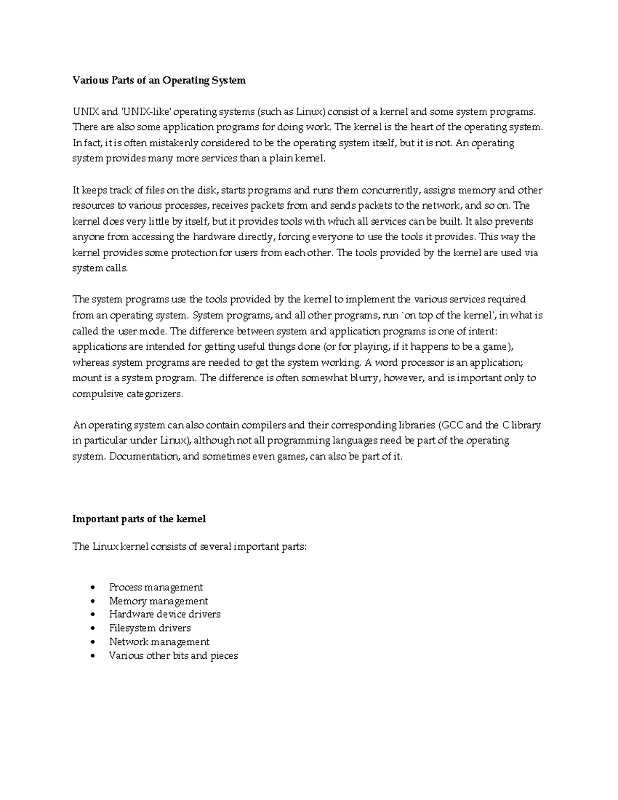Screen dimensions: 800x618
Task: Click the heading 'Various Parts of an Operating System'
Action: tap(159, 80)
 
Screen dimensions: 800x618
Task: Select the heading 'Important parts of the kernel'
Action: tap(139, 519)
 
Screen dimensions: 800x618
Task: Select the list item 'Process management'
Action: tap(156, 587)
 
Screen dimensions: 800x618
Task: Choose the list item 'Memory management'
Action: tap(158, 601)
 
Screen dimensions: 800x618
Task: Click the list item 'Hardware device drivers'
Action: tap(164, 615)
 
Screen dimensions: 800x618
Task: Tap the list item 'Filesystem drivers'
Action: tap(149, 628)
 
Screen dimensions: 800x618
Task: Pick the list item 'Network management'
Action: tap(159, 642)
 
